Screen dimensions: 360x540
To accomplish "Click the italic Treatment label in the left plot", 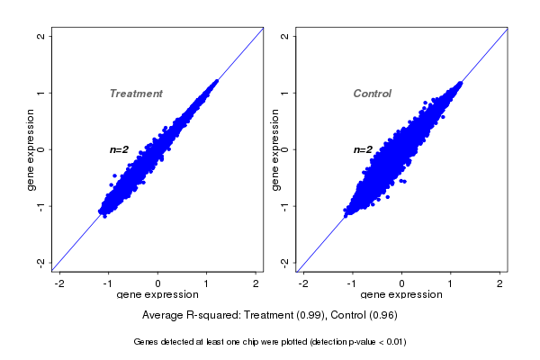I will click(136, 94).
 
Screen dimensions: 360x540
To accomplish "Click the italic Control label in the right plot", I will click(372, 94).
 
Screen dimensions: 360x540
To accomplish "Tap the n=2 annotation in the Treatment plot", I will click(120, 149).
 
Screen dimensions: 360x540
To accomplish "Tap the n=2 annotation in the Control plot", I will click(363, 149).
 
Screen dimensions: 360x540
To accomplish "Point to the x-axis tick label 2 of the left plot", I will click(256, 283).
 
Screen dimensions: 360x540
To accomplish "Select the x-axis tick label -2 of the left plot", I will click(59, 283).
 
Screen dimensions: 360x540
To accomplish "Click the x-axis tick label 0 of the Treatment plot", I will click(158, 283).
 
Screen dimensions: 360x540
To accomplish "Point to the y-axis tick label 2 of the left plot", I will click(41, 36).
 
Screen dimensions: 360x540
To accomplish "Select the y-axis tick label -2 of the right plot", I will click(284, 262).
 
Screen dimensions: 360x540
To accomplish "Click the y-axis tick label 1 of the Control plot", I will click(284, 93).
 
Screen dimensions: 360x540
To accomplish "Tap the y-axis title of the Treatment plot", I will click(31, 149).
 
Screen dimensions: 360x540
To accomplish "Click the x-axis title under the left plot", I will click(157, 294).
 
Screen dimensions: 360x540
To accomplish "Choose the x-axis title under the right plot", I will click(401, 294).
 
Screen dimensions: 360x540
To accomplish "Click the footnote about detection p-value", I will click(270, 342).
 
